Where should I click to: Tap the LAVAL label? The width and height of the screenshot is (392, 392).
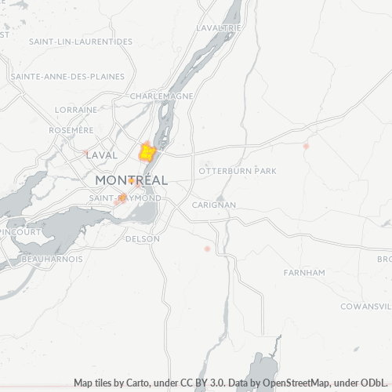click(102, 155)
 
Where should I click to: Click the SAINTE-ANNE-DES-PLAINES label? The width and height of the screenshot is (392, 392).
click(67, 76)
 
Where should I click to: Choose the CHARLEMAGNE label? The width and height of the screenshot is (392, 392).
click(162, 96)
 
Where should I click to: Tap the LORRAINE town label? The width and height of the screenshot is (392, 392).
click(77, 110)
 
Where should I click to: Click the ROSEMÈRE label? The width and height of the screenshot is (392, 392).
click(71, 130)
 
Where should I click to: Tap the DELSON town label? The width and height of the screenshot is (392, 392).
click(143, 238)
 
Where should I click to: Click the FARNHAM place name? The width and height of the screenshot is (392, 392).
click(303, 272)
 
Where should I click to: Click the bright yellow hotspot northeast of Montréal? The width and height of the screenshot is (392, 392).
click(147, 152)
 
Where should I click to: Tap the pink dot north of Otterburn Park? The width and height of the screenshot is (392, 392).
click(307, 146)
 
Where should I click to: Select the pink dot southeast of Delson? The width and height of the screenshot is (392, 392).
click(207, 249)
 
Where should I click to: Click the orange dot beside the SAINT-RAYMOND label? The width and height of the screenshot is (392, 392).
click(123, 198)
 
